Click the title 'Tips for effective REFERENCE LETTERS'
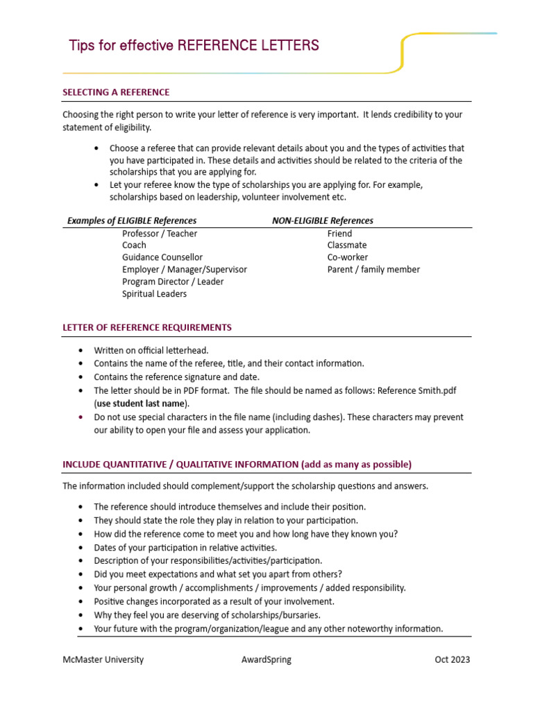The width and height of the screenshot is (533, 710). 194,46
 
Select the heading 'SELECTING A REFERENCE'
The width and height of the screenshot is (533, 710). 116,92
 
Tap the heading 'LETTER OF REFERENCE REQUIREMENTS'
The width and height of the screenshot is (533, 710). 147,327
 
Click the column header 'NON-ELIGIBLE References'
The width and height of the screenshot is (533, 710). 323,220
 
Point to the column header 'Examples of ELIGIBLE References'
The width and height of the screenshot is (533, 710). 132,220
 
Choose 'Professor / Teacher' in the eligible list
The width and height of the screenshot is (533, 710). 160,234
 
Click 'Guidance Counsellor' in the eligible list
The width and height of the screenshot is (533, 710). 162,257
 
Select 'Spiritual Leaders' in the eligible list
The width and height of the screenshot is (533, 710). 154,293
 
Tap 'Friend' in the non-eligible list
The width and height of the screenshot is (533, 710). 339,234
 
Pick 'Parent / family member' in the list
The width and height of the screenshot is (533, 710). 373,270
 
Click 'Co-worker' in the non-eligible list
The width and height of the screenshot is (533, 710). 348,257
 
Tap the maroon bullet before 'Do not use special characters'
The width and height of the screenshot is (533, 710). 82,417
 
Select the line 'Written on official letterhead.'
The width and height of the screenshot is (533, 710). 151,351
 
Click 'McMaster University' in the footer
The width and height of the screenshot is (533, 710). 103,659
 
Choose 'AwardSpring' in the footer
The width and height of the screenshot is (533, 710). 262,659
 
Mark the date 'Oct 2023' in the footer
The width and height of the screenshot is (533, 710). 452,659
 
